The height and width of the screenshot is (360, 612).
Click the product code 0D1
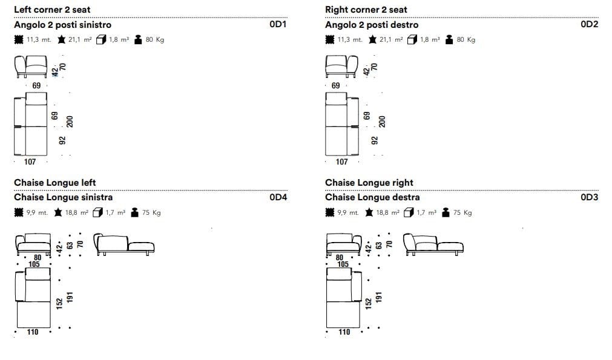click(x=278, y=24)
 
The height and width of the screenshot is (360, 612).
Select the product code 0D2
click(x=590, y=24)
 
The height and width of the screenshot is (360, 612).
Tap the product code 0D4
click(x=278, y=197)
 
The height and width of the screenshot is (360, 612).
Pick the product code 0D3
click(x=590, y=197)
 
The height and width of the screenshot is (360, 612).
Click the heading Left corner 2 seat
click(x=52, y=9)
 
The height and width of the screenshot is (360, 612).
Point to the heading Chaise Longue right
click(x=369, y=183)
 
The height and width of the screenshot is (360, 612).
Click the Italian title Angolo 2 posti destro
click(x=372, y=25)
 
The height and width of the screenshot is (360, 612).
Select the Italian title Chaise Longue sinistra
click(x=63, y=197)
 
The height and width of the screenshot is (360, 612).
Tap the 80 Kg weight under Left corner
click(x=154, y=39)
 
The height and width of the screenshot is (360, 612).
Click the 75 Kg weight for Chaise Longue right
click(x=462, y=212)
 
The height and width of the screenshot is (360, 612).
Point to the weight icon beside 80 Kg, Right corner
click(x=449, y=39)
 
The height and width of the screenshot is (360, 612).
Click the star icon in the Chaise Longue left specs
click(x=58, y=212)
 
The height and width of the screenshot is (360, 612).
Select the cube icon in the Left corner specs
click(x=101, y=39)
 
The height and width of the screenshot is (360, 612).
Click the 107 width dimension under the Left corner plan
click(x=30, y=162)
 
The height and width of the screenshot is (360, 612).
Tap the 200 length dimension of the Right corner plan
click(x=382, y=122)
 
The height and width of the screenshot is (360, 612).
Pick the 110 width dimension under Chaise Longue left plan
click(x=33, y=332)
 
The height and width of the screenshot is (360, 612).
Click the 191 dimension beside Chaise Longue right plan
click(x=378, y=297)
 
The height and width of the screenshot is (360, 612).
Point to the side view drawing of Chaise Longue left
click(x=124, y=244)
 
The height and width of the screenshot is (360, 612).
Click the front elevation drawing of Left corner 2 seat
click(x=31, y=67)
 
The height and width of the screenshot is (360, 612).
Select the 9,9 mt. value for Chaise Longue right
click(x=347, y=212)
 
